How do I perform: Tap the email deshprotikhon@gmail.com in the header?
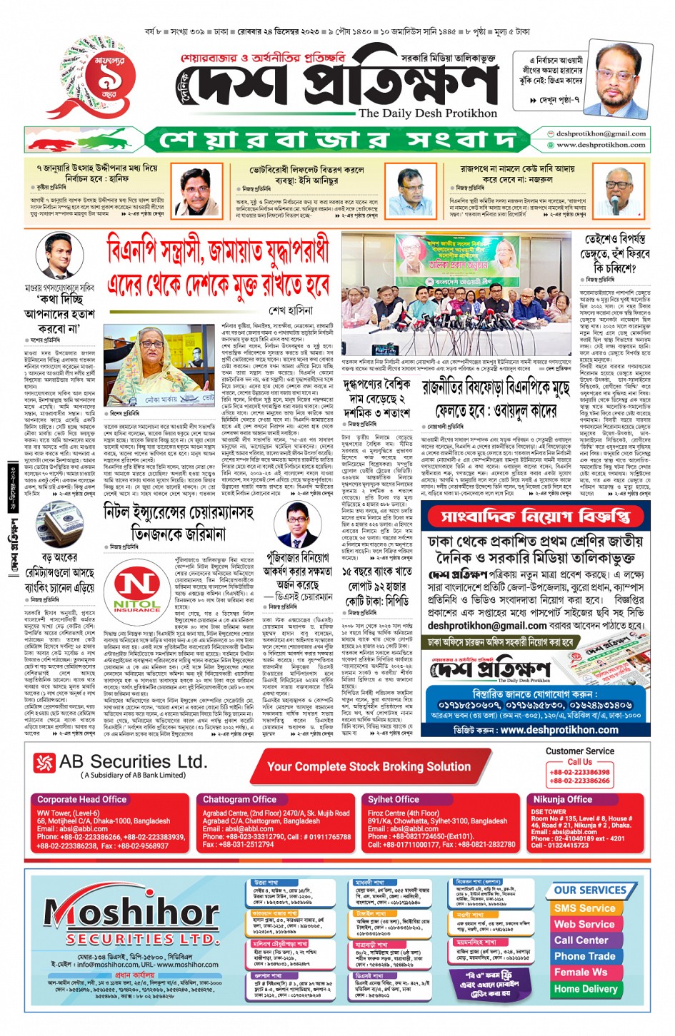pyautogui.click(x=601, y=133)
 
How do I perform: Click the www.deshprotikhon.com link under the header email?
pyautogui.click(x=601, y=145)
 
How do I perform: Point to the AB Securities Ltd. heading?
pyautogui.click(x=133, y=762)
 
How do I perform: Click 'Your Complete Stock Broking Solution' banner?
pyautogui.click(x=369, y=767)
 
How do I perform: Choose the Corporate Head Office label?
pyautogui.click(x=82, y=800)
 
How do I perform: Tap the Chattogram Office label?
pyautogui.click(x=239, y=800)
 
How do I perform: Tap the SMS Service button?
pyautogui.click(x=584, y=908)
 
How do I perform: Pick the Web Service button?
pyautogui.click(x=584, y=924)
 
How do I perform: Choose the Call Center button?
pyautogui.click(x=581, y=940)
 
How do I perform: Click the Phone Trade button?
pyautogui.click(x=584, y=956)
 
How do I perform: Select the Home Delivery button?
pyautogui.click(x=585, y=989)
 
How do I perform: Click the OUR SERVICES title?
pyautogui.click(x=590, y=890)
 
